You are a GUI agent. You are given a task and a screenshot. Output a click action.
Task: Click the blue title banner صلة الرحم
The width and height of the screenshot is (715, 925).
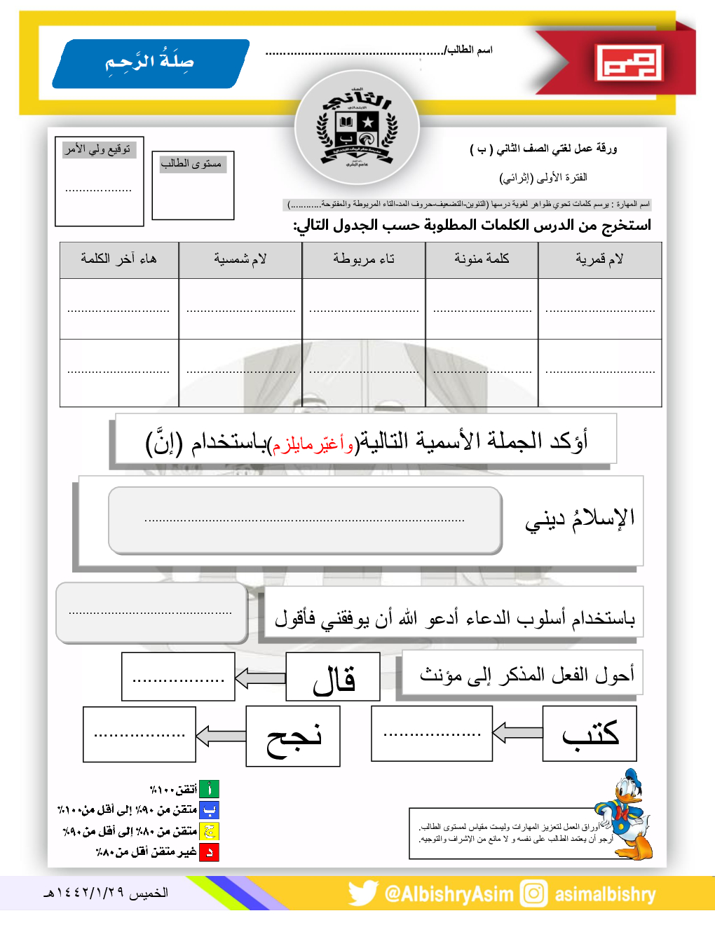tap(150, 63)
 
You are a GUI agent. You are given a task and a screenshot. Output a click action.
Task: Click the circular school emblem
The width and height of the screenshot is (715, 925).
tap(357, 129)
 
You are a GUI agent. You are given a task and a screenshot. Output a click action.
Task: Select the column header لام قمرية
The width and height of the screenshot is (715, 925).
tap(599, 260)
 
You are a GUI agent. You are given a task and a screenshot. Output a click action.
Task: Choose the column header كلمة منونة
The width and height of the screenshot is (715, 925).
tap(482, 260)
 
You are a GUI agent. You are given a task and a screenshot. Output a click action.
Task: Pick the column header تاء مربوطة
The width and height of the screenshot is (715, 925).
tap(363, 260)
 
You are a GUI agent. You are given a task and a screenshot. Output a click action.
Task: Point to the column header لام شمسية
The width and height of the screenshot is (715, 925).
tap(240, 260)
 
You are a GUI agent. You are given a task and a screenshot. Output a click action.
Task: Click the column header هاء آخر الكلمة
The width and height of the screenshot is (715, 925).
tap(118, 260)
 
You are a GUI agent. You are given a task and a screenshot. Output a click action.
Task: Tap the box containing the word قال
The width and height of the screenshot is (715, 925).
tap(333, 677)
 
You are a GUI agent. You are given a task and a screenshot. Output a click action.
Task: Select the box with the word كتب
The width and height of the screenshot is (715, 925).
tap(590, 734)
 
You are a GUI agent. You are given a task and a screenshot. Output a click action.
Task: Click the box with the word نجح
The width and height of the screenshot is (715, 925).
tap(293, 736)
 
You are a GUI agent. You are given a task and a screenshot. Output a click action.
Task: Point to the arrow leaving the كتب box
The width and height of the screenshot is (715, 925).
tap(517, 733)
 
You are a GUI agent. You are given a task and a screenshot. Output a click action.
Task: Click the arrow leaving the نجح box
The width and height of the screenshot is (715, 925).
tap(221, 736)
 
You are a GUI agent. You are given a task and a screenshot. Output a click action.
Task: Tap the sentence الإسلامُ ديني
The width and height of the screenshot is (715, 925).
tap(580, 519)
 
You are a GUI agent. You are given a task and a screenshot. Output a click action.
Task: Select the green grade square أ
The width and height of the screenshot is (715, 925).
tap(209, 789)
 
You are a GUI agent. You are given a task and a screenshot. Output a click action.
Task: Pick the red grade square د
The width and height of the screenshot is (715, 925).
tap(209, 852)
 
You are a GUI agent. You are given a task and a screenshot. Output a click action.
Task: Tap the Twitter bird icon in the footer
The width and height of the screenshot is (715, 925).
tap(362, 893)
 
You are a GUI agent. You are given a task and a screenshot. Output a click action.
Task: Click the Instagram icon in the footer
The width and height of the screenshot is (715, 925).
tap(533, 893)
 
